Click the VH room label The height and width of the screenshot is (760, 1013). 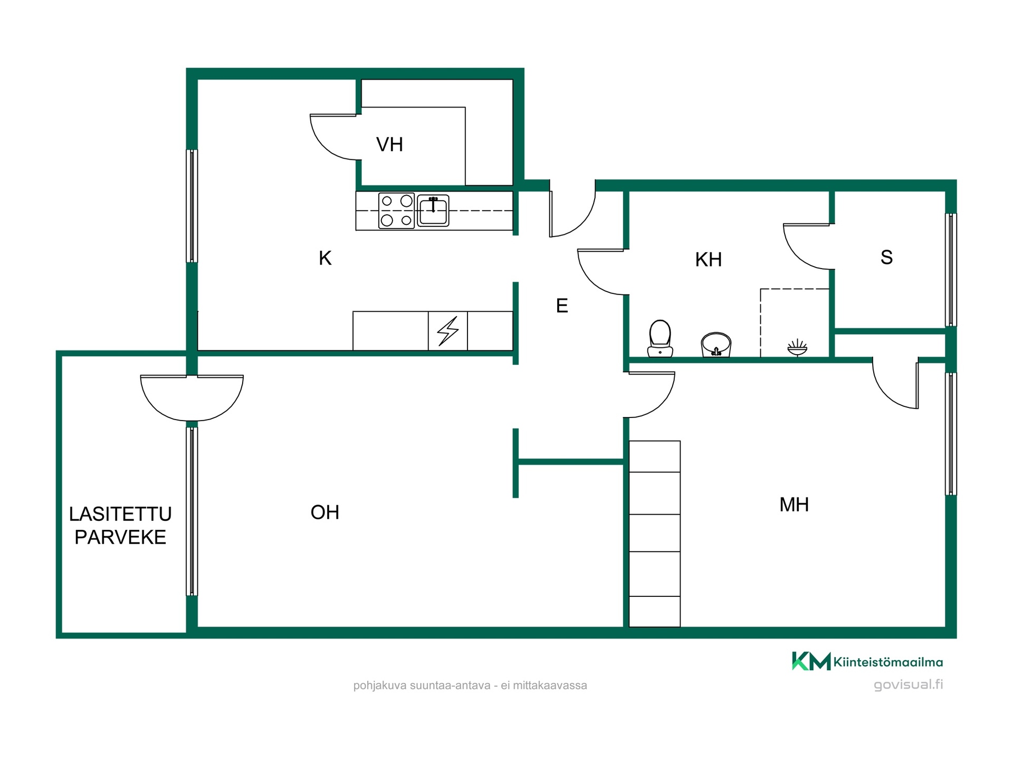[389, 144]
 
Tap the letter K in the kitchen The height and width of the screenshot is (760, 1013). [325, 258]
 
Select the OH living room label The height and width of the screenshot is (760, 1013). [324, 512]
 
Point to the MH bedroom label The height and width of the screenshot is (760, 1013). [794, 505]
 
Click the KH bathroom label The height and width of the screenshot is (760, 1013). [708, 260]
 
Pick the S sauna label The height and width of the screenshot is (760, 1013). [886, 258]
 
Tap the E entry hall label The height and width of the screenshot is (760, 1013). [562, 306]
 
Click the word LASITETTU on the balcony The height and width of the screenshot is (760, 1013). [120, 514]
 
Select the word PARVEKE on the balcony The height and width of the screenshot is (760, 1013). [120, 537]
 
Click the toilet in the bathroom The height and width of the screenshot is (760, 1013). [660, 339]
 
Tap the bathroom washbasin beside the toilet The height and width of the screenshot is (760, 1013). [716, 345]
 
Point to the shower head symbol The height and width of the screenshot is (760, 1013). [797, 347]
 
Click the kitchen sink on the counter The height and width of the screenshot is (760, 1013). [433, 211]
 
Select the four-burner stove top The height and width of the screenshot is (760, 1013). [396, 211]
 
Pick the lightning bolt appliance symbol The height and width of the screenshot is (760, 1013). [448, 331]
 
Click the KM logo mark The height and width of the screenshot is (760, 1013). [811, 661]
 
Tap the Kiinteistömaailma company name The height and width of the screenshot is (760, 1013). [888, 662]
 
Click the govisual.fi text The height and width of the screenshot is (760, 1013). [908, 685]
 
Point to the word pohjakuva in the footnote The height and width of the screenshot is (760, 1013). [380, 686]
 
